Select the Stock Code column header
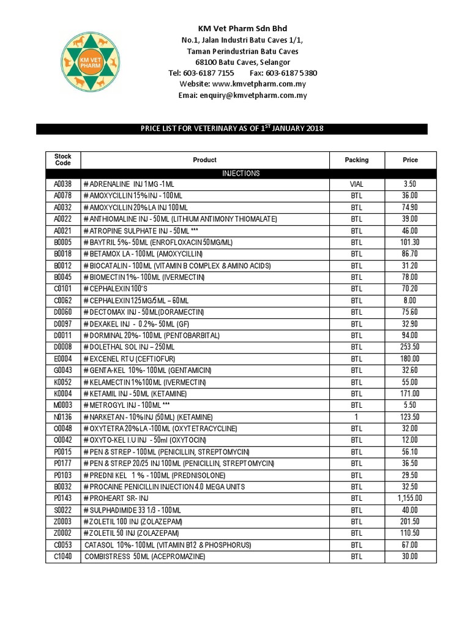pyautogui.click(x=63, y=160)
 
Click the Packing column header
pyautogui.click(x=356, y=160)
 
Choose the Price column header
pyautogui.click(x=410, y=160)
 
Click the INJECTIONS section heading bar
pyautogui.click(x=241, y=173)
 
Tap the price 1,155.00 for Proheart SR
pyautogui.click(x=410, y=498)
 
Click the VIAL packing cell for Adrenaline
pyautogui.click(x=356, y=184)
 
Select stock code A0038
pyautogui.click(x=63, y=184)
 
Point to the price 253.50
pyautogui.click(x=410, y=347)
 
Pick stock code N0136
pyautogui.click(x=63, y=417)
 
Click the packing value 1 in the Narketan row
pyautogui.click(x=356, y=417)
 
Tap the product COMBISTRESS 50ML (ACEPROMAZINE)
pyautogui.click(x=144, y=556)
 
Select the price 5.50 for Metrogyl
pyautogui.click(x=410, y=405)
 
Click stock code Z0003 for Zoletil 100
pyautogui.click(x=63, y=521)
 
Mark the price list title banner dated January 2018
pyautogui.click(x=232, y=129)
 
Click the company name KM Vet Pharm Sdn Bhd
pyautogui.click(x=241, y=29)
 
